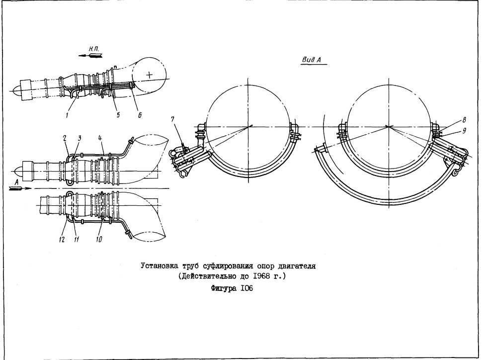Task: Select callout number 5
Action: click(x=118, y=114)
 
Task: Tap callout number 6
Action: click(x=140, y=114)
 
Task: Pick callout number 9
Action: click(x=464, y=131)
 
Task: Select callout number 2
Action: click(x=66, y=138)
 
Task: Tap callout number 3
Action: click(x=80, y=138)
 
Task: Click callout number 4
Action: click(x=100, y=138)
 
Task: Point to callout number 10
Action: click(x=99, y=239)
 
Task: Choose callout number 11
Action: click(x=76, y=239)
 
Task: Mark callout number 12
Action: click(x=62, y=239)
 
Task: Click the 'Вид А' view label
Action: click(x=312, y=60)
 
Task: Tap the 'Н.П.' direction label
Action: click(x=94, y=49)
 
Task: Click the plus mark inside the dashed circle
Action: click(x=150, y=75)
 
